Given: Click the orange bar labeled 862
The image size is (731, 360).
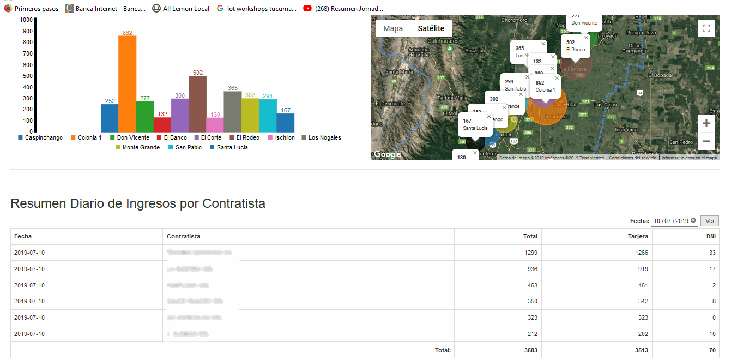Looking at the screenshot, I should pyautogui.click(x=127, y=84).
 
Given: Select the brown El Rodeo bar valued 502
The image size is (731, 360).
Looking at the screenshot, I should pyautogui.click(x=197, y=104).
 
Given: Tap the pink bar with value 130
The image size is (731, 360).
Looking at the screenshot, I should pyautogui.click(x=215, y=125).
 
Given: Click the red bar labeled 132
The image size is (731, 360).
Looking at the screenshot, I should pyautogui.click(x=162, y=125).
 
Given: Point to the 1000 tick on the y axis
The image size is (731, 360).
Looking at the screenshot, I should pyautogui.click(x=26, y=20).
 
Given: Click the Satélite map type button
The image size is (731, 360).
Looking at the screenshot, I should pyautogui.click(x=431, y=28).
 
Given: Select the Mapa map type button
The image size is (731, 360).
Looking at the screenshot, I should pyautogui.click(x=393, y=28).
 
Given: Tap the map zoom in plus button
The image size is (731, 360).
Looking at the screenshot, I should pyautogui.click(x=706, y=123).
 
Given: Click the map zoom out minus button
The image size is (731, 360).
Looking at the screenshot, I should pyautogui.click(x=706, y=141).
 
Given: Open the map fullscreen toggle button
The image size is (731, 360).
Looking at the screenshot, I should pyautogui.click(x=706, y=28).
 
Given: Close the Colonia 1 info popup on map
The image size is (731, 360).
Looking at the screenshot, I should pyautogui.click(x=557, y=78).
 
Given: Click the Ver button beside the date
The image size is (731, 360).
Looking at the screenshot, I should pyautogui.click(x=710, y=221).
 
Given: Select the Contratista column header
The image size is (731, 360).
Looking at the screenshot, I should pyautogui.click(x=183, y=236).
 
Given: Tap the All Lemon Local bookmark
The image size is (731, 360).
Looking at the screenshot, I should pyautogui.click(x=181, y=8).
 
